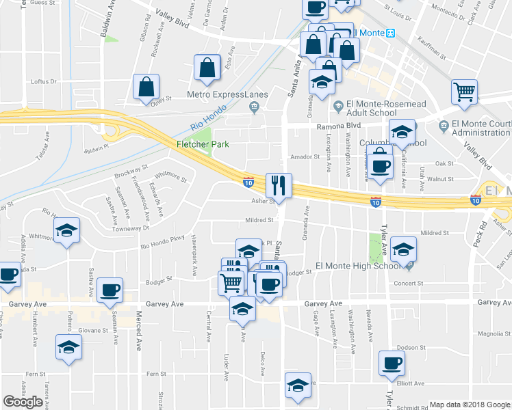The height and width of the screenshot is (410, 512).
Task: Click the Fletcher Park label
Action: (203, 144)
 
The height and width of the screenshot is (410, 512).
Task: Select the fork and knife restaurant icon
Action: (279, 184)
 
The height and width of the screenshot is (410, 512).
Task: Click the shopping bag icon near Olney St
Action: (146, 87)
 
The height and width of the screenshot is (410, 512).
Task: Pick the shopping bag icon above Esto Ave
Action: (207, 68)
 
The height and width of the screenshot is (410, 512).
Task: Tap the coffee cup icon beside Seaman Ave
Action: (110, 290)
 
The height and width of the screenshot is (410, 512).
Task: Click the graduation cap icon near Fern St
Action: (68, 348)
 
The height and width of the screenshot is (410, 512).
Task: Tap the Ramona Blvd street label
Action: (337, 126)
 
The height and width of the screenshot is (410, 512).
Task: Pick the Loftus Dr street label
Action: (44, 81)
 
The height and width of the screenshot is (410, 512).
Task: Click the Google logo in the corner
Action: (23, 402)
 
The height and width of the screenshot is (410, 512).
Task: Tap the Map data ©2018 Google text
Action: (470, 405)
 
